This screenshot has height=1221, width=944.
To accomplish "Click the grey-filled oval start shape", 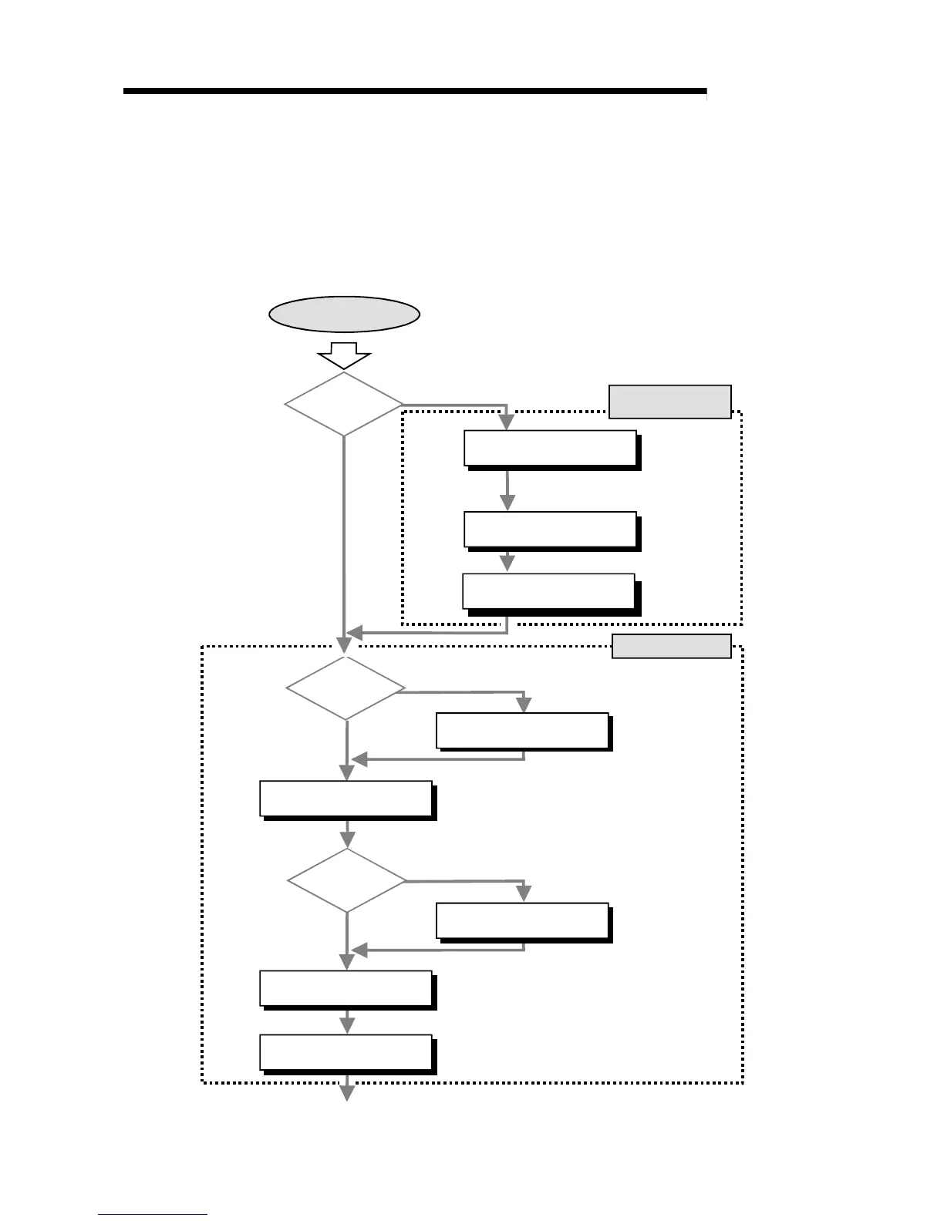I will [x=344, y=314].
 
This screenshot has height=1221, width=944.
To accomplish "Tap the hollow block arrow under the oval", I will [x=344, y=356].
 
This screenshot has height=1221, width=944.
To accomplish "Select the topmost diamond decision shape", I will [x=344, y=404].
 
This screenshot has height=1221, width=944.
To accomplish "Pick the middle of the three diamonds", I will [x=346, y=688].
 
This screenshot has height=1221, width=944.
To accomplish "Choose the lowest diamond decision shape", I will [x=347, y=880].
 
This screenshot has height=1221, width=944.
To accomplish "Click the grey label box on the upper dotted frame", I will [x=669, y=402].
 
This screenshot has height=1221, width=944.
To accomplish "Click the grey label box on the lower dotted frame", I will [x=671, y=646].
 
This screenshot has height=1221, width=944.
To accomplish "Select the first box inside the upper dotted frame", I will [x=550, y=448].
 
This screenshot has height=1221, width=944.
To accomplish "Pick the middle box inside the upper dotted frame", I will [x=550, y=529].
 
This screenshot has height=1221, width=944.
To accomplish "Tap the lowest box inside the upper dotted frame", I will [x=548, y=591].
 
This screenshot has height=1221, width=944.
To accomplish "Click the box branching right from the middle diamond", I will [x=522, y=731].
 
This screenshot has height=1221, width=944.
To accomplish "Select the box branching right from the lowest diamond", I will [x=522, y=920].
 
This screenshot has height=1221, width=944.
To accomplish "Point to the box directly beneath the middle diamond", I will [x=346, y=798].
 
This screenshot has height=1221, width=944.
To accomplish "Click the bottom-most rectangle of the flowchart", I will [x=346, y=1052].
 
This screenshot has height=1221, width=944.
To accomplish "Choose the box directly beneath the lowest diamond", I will [x=346, y=988].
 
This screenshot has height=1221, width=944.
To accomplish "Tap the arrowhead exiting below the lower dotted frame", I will [x=347, y=1092].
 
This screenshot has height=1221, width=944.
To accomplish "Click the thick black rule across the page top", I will [x=415, y=92].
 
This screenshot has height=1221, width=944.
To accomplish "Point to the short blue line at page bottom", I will [x=153, y=1214].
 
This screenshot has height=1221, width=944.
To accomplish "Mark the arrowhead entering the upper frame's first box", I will [x=507, y=422].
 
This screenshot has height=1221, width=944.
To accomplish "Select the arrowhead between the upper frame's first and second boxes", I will [x=507, y=502].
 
